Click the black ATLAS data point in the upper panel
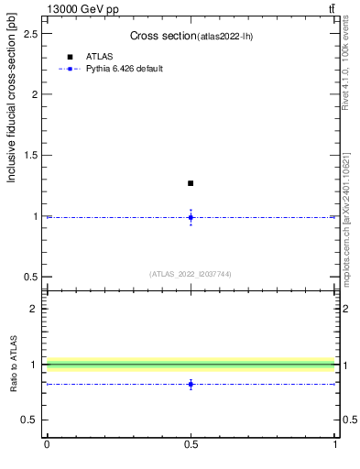(x=191, y=183)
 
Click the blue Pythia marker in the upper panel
(x=191, y=217)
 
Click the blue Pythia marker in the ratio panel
(x=191, y=385)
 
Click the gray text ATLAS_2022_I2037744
(x=191, y=274)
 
